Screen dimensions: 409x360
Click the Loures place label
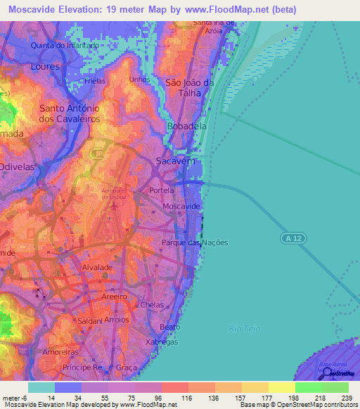[46, 67]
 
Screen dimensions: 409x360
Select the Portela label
[162, 190]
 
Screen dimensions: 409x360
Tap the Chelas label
[152, 304]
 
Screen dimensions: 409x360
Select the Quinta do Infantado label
[63, 46]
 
